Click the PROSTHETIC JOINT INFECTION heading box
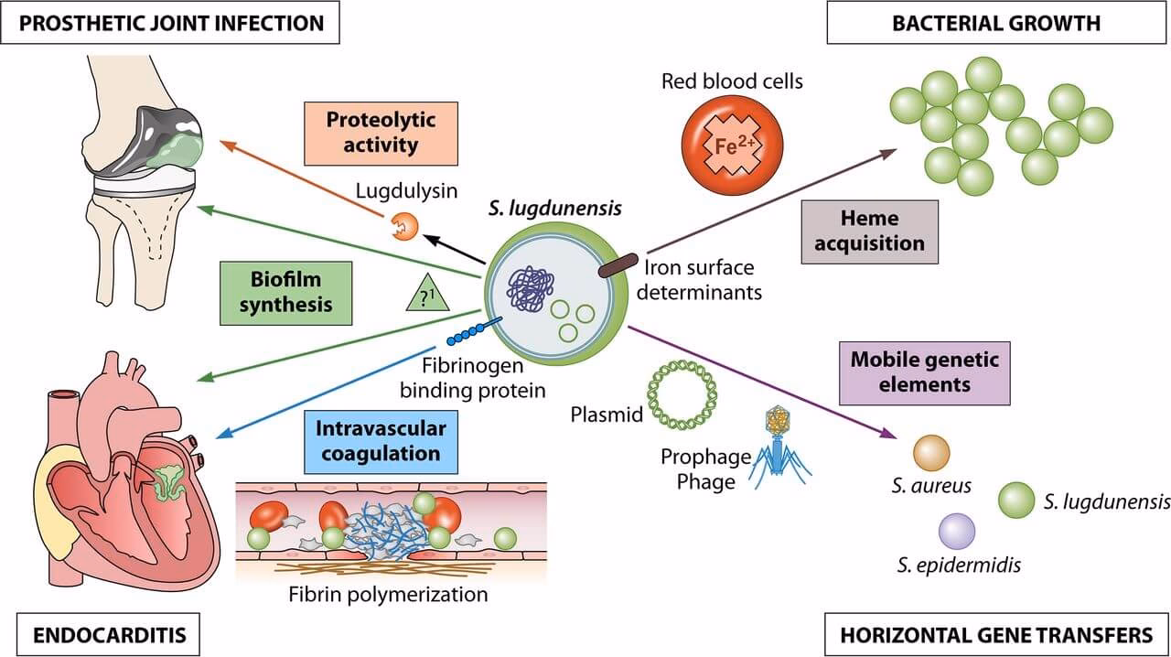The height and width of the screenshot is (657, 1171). click(170, 22)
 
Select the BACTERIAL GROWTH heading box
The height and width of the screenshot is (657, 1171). click(996, 22)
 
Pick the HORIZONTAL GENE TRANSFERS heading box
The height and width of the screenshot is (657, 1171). click(996, 633)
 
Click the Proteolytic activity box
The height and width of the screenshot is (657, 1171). click(381, 132)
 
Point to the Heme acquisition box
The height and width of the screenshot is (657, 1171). click(869, 232)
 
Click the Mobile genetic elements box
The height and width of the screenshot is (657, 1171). click(924, 371)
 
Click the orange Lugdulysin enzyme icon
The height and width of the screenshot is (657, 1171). click(402, 225)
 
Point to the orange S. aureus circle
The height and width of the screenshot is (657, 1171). click(931, 453)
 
